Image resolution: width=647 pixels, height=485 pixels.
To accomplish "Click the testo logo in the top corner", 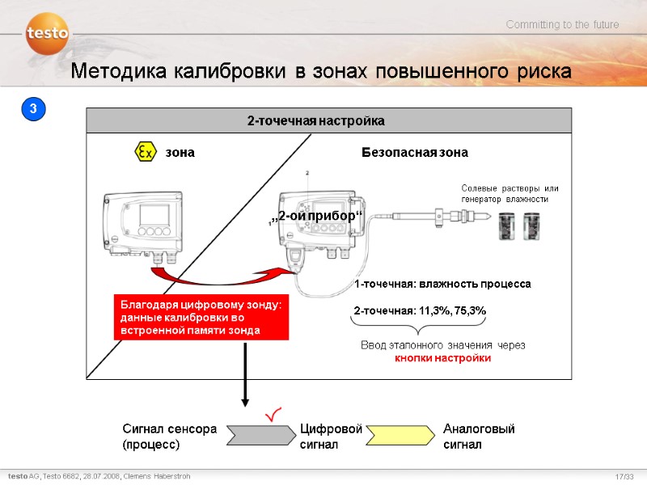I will (x=47, y=35).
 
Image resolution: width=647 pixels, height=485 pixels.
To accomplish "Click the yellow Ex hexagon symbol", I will (x=144, y=152).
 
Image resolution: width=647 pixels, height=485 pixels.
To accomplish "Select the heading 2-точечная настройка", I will (x=315, y=120).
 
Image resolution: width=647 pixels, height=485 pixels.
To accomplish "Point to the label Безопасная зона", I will (x=414, y=152).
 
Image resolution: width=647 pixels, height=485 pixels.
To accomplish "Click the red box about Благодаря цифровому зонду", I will (x=200, y=317).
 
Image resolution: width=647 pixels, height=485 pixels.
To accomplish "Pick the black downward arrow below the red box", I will (x=246, y=372).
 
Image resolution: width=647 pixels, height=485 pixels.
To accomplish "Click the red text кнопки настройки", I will (x=442, y=358).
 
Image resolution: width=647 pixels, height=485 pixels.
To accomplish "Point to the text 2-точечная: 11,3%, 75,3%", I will (x=420, y=310).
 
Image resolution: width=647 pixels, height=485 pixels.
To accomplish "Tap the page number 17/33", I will (x=624, y=477).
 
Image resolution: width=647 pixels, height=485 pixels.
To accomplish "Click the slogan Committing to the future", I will (x=562, y=25).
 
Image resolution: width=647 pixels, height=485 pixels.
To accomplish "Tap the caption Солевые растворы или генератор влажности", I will (x=510, y=193).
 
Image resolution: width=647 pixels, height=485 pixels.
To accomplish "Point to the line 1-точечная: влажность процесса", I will (x=442, y=285).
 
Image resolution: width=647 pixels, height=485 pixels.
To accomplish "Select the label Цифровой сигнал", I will (x=330, y=436).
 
